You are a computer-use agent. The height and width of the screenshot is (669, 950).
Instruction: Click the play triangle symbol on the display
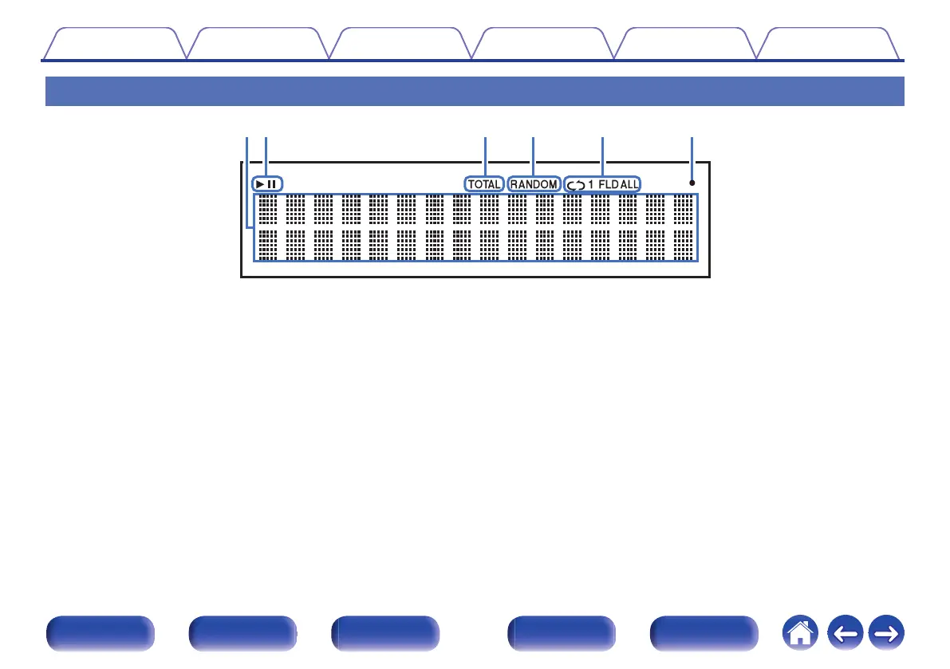[260, 184]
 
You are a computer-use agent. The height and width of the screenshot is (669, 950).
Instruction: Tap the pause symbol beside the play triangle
[272, 184]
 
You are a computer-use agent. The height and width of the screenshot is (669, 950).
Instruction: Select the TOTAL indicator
[485, 184]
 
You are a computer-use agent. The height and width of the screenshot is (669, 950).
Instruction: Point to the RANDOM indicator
[534, 184]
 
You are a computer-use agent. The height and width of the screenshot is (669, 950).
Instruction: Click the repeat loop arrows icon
[574, 184]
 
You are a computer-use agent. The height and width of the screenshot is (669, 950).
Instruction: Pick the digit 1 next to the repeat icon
[591, 184]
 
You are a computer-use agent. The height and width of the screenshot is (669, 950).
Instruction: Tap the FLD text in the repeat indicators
[608, 184]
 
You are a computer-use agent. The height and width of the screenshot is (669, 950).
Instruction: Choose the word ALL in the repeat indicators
[629, 184]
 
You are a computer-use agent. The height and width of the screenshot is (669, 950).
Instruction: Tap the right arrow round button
[885, 636]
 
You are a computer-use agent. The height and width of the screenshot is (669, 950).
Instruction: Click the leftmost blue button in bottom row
[100, 635]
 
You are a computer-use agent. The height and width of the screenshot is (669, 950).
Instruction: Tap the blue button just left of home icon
[704, 635]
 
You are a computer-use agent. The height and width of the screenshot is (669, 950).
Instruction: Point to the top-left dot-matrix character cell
[268, 209]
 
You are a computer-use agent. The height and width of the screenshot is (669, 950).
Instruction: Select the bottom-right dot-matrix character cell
[683, 245]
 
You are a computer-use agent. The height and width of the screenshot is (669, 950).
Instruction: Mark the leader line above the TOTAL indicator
[485, 155]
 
